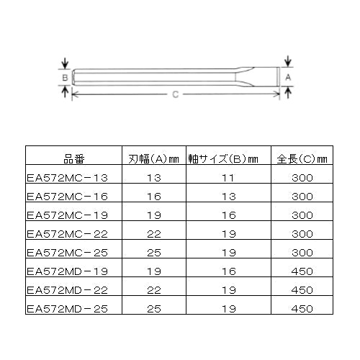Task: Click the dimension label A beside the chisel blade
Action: click(288, 77)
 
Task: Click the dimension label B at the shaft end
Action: click(65, 78)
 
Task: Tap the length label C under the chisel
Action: click(176, 94)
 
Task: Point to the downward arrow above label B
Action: click(65, 64)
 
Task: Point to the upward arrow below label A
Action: click(288, 92)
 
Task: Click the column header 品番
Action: click(74, 159)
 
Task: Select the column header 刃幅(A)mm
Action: click(154, 159)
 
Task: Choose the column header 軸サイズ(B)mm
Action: click(223, 159)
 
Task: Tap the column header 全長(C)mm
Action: click(302, 159)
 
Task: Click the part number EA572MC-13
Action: click(67, 178)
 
